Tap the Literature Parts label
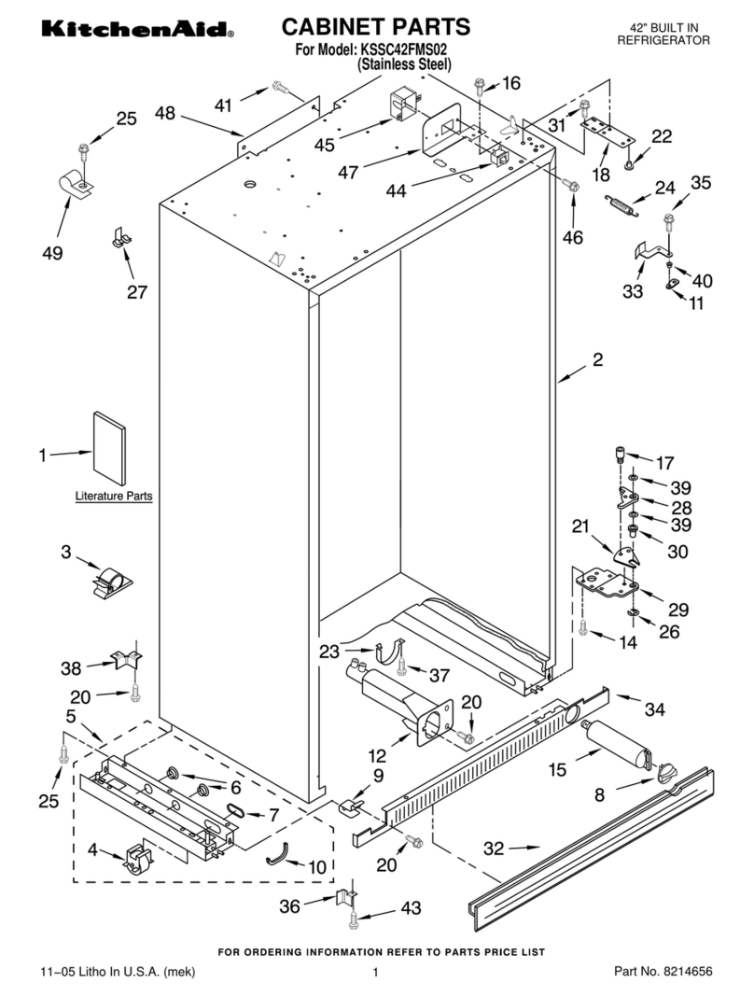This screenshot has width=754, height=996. (114, 497)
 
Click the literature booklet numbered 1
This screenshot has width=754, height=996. (110, 446)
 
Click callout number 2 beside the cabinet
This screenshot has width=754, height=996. (597, 359)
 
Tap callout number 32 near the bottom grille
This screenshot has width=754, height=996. (496, 849)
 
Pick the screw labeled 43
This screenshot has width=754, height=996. (355, 922)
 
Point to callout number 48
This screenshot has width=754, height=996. (164, 113)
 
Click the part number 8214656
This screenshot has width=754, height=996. (686, 972)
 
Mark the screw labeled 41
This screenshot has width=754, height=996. (279, 88)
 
